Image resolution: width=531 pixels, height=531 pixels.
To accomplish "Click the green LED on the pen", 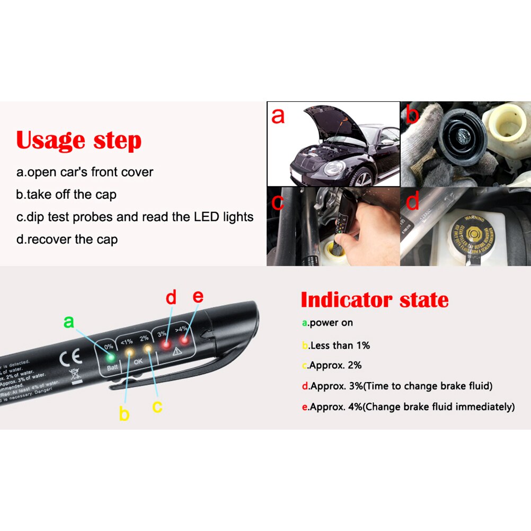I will (x=111, y=357).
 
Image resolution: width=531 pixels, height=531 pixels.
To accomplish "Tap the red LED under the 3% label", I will (x=166, y=346).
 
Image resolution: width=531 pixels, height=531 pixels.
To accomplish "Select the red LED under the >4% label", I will (x=183, y=339).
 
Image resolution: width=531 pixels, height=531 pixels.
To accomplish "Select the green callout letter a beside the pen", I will (x=68, y=321).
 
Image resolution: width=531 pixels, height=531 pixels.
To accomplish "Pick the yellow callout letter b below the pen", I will (x=124, y=413).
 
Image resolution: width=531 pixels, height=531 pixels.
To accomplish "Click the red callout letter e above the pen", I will (x=198, y=296).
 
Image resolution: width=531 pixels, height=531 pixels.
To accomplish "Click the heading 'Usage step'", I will (x=79, y=140).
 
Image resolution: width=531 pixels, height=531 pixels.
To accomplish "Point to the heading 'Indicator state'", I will (x=374, y=300).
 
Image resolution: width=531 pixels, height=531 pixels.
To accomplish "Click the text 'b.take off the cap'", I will (x=66, y=194).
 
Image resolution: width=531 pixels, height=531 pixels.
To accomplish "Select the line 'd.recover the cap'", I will (x=67, y=239).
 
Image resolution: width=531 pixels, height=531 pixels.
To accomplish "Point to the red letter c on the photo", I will (x=278, y=202).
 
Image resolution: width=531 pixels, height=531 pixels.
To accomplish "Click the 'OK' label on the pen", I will (x=139, y=362).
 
